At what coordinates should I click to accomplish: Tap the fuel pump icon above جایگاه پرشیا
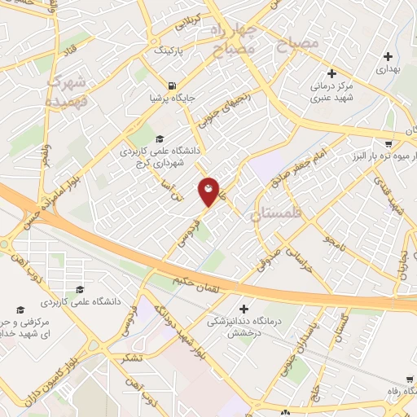(x=172, y=86)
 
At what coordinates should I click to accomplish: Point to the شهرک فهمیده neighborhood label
(x=67, y=91)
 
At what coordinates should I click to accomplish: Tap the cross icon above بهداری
(x=388, y=57)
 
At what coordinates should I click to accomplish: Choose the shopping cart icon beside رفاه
(x=407, y=380)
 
